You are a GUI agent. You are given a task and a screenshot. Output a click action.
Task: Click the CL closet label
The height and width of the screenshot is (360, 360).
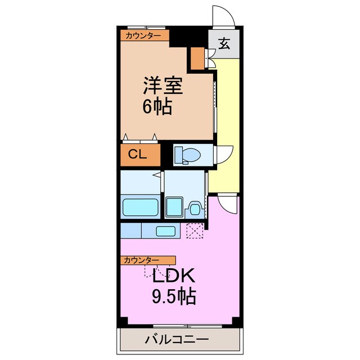pyautogui.click(x=138, y=154)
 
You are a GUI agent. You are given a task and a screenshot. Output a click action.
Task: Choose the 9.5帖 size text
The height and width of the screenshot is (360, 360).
pyautogui.click(x=172, y=296)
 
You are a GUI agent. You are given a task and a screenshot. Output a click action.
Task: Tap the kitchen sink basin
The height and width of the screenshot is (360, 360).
pyautogui.click(x=165, y=231)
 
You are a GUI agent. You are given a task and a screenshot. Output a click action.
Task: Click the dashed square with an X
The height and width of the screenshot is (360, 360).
pyautogui.click(x=195, y=231)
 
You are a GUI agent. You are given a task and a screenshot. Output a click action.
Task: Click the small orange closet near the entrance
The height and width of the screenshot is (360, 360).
pyautogui.click(x=197, y=57)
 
